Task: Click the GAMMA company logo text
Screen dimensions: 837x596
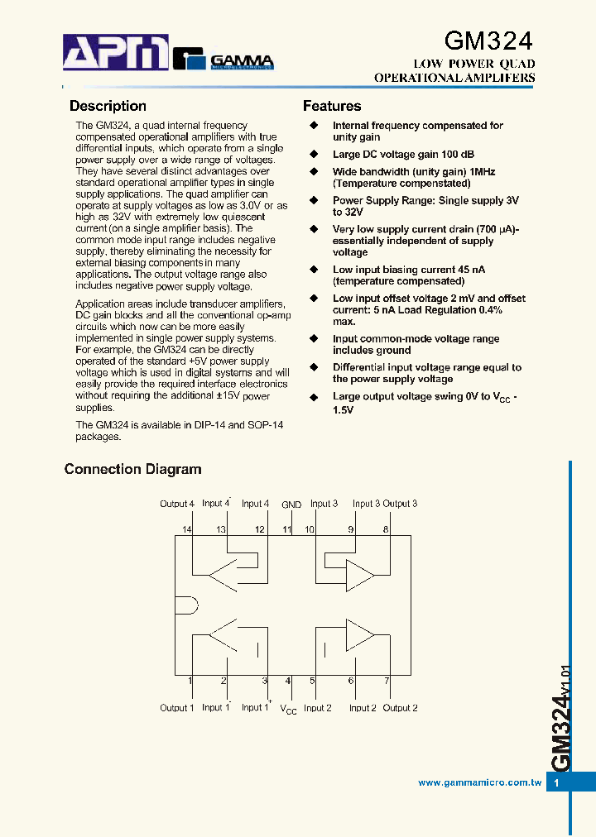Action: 241,60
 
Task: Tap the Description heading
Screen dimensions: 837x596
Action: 108,106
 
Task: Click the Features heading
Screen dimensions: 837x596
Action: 332,106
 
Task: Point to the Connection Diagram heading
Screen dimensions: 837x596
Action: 132,469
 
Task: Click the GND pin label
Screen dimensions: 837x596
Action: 291,505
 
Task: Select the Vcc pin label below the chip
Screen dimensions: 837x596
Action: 288,710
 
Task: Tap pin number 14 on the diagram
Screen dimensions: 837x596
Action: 187,529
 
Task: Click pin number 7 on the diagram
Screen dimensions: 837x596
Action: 386,681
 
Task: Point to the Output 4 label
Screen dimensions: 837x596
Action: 177,504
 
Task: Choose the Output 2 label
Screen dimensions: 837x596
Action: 400,708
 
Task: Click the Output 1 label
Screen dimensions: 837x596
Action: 177,708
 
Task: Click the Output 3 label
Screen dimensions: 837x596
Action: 400,504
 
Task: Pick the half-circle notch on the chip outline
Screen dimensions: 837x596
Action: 184,605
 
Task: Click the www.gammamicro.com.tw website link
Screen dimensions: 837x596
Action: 479,782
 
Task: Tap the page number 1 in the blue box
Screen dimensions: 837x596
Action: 557,782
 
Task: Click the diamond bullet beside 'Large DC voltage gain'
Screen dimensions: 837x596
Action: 314,155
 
